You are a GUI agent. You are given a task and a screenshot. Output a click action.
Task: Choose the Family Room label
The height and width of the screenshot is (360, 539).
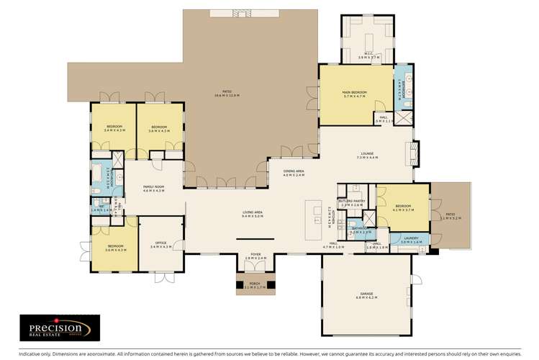(154, 189)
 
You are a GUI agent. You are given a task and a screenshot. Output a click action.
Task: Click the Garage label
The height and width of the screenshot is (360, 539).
(367, 296)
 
